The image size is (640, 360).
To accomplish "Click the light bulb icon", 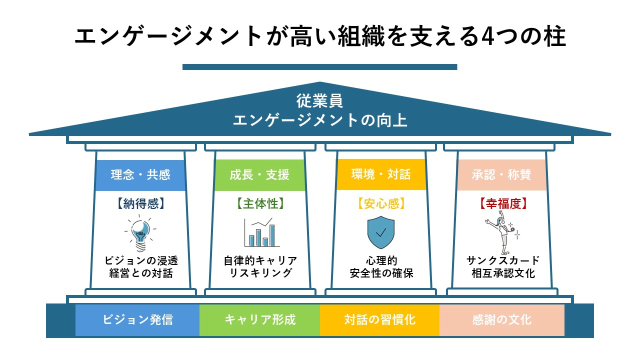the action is (x=140, y=233).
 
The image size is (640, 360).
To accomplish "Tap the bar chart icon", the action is (x=262, y=232).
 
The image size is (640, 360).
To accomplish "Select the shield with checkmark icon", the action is (x=381, y=232).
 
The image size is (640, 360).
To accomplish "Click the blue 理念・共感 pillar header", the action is (x=140, y=175).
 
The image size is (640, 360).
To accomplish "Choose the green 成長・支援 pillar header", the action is (x=259, y=175).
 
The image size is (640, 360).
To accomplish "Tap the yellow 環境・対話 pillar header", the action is (x=381, y=174).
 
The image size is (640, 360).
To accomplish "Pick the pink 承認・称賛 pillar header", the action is (x=501, y=175).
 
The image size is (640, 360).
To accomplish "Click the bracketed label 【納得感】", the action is (x=141, y=203).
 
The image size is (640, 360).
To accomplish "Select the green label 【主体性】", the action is (x=260, y=203).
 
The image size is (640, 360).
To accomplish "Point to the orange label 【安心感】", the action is (x=381, y=203).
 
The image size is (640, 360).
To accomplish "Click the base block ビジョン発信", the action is (x=137, y=320).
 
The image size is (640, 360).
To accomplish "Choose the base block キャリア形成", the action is (x=259, y=320).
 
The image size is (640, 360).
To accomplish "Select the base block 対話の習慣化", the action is (x=379, y=320).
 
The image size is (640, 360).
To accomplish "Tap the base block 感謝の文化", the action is (x=502, y=320).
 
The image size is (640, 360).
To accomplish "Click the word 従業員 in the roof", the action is (x=319, y=101).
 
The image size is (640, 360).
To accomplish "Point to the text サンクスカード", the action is (x=503, y=260).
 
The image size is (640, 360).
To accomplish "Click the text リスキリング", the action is (x=260, y=273).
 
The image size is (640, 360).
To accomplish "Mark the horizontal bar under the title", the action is (x=319, y=67).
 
